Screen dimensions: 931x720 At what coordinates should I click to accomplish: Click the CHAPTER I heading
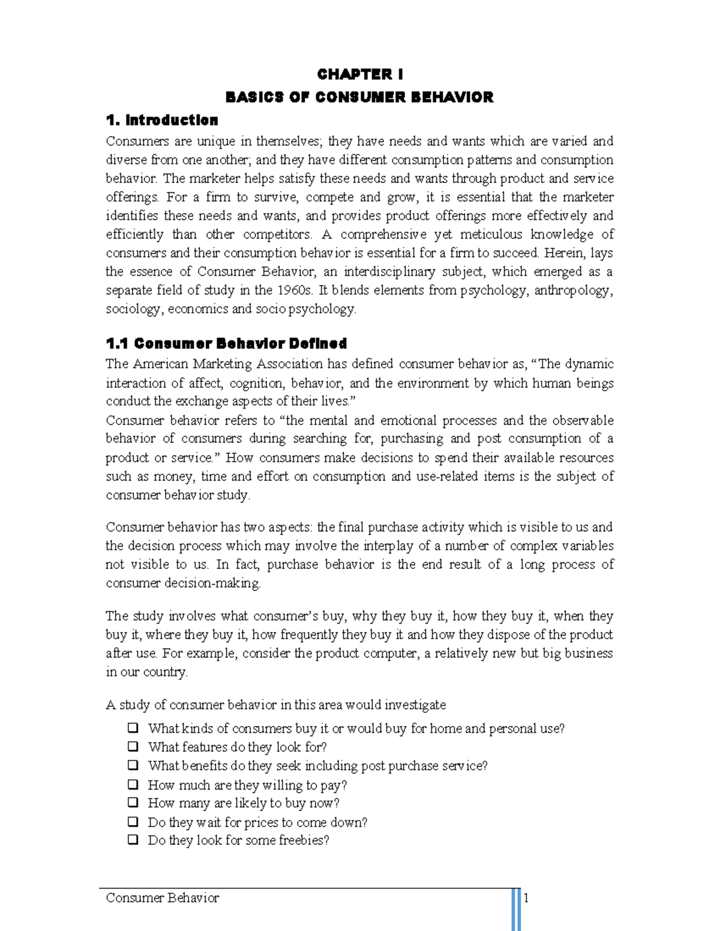coord(360,74)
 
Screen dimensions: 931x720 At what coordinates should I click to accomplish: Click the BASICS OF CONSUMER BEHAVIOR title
coord(359,97)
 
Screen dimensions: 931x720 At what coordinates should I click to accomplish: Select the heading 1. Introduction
coord(162,120)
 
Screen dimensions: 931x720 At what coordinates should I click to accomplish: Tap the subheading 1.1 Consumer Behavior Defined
coord(226,344)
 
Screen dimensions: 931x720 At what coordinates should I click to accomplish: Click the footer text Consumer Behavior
coord(163,897)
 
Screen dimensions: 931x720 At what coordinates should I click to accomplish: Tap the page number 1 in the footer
coord(526,897)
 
